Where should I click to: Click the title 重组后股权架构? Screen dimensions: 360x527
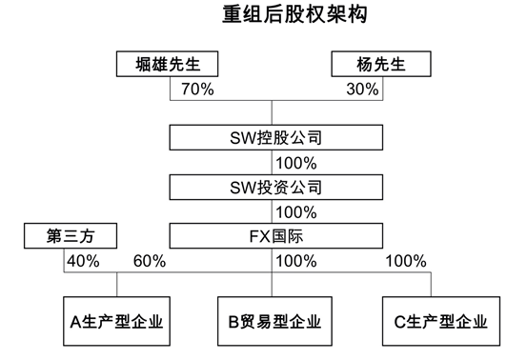tap(270, 16)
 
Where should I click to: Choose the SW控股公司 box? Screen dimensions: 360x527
tap(271, 137)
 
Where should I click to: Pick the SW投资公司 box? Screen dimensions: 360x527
tap(271, 184)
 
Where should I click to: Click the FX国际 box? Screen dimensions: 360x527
tap(271, 233)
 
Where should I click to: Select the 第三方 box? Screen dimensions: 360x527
tap(66, 233)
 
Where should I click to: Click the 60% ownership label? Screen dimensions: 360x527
tap(150, 260)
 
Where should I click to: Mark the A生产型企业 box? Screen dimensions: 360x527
tap(116, 320)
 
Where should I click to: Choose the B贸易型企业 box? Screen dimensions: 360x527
tap(271, 320)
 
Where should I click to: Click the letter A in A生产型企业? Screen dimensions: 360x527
tap(76, 320)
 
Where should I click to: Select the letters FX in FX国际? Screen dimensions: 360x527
tap(251, 233)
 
